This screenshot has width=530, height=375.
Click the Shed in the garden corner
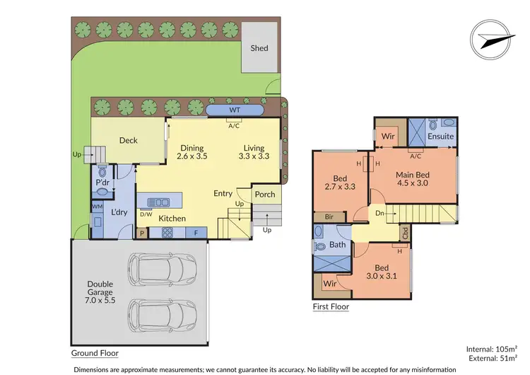(x=259, y=47)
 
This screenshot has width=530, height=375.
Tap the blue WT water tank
(x=235, y=111)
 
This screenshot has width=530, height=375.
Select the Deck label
(x=128, y=140)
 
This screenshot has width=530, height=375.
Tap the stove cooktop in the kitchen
(x=171, y=231)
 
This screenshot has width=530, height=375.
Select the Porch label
(x=264, y=195)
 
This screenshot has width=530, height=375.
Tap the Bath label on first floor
(x=337, y=245)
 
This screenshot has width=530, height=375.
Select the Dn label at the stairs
(x=381, y=212)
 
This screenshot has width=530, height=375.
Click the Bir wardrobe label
(x=329, y=217)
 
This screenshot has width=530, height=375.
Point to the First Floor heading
(x=331, y=307)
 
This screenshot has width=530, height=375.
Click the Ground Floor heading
(x=95, y=352)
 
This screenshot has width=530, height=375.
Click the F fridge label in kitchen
(x=195, y=231)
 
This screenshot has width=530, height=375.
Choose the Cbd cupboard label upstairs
(x=405, y=231)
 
